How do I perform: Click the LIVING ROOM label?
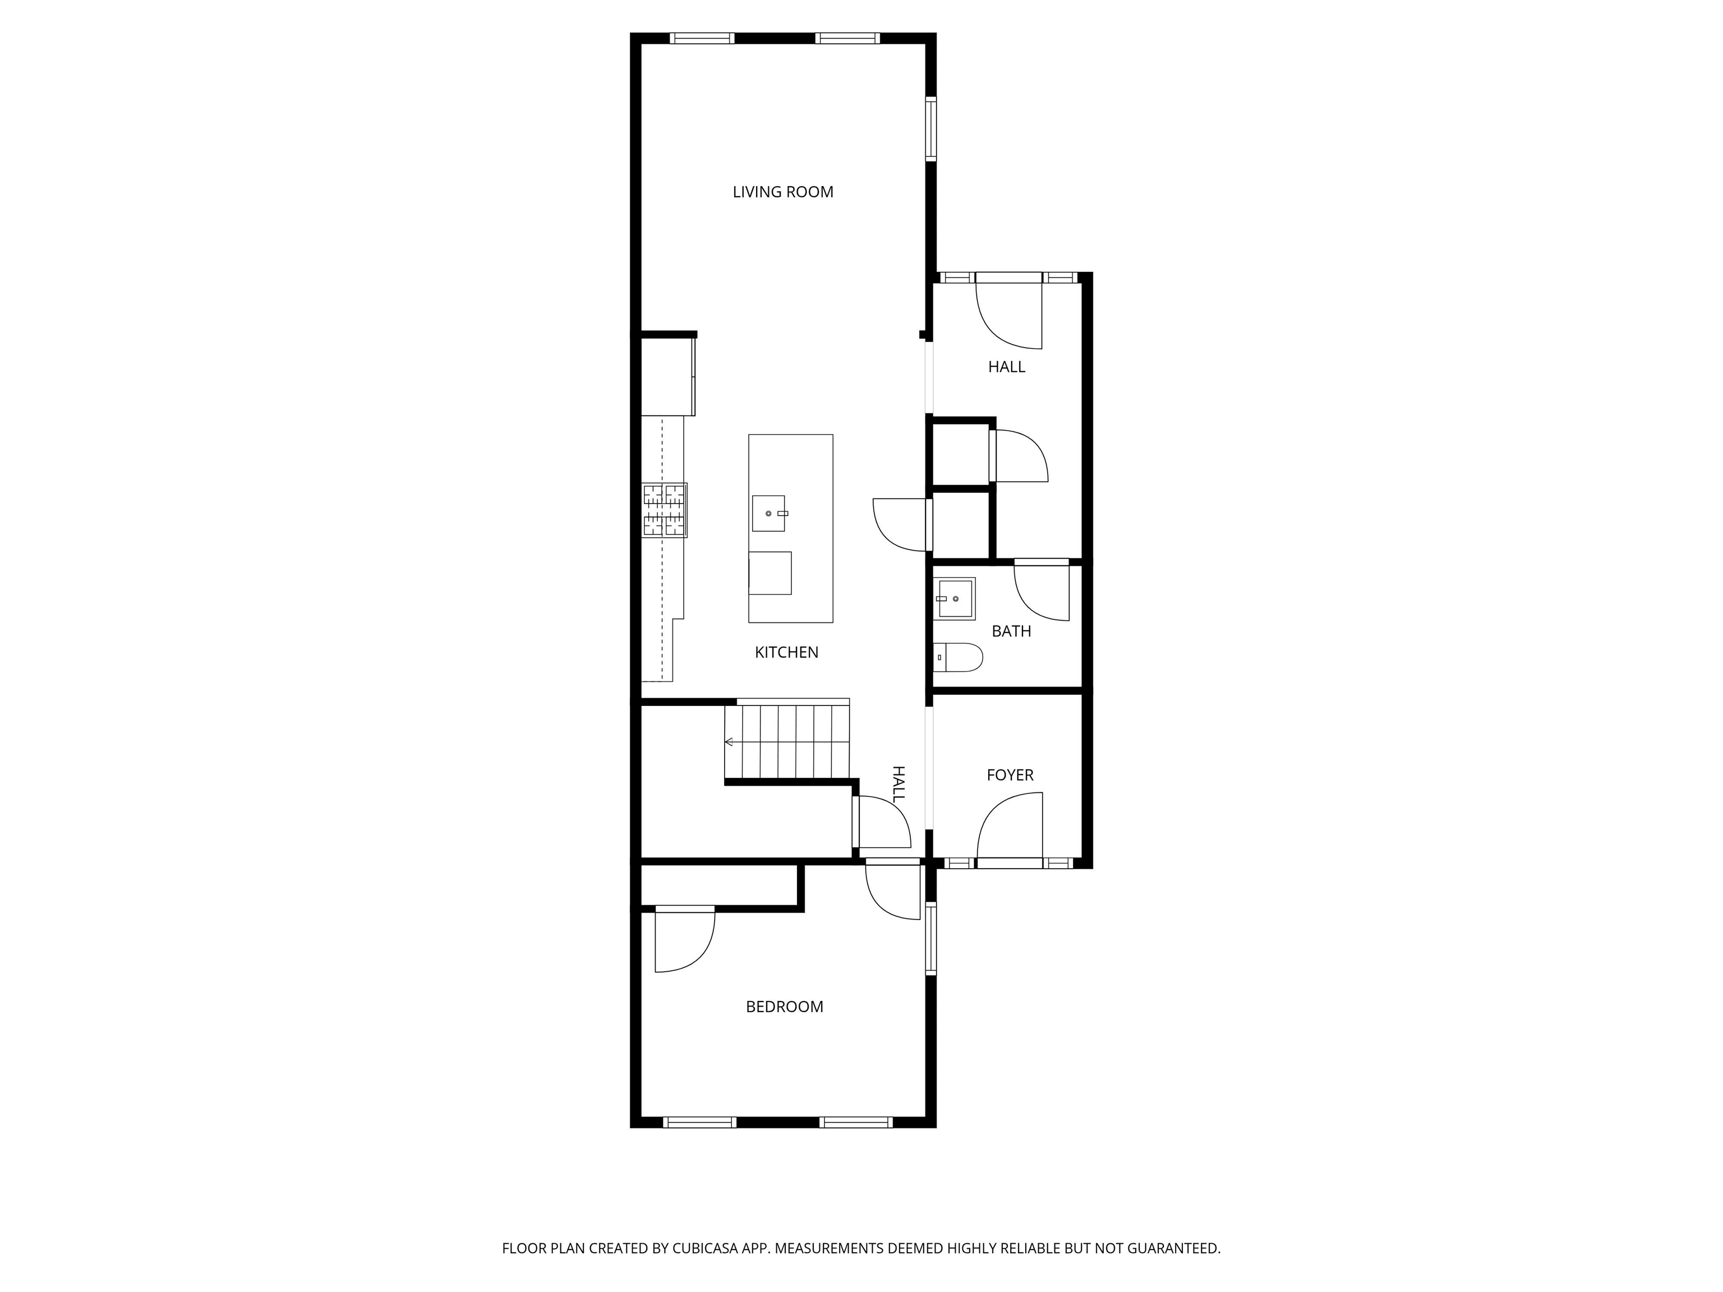(783, 192)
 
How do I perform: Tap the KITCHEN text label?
(786, 653)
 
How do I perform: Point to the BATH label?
(1011, 631)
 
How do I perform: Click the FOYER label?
(1010, 775)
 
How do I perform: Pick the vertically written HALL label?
(898, 783)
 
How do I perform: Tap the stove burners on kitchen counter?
(665, 511)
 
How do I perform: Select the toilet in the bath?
(957, 657)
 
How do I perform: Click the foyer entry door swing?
(1010, 827)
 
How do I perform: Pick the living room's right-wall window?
(931, 128)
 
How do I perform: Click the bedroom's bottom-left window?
(699, 1122)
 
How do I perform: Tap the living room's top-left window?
(702, 38)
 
